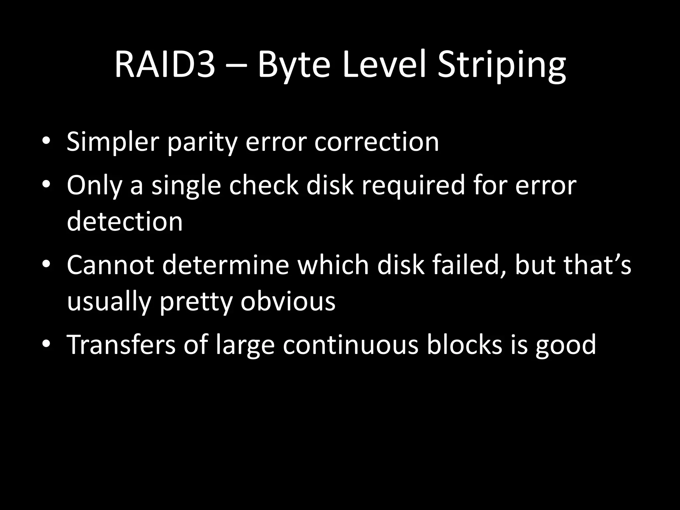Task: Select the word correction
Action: (377, 142)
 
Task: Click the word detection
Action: (125, 221)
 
